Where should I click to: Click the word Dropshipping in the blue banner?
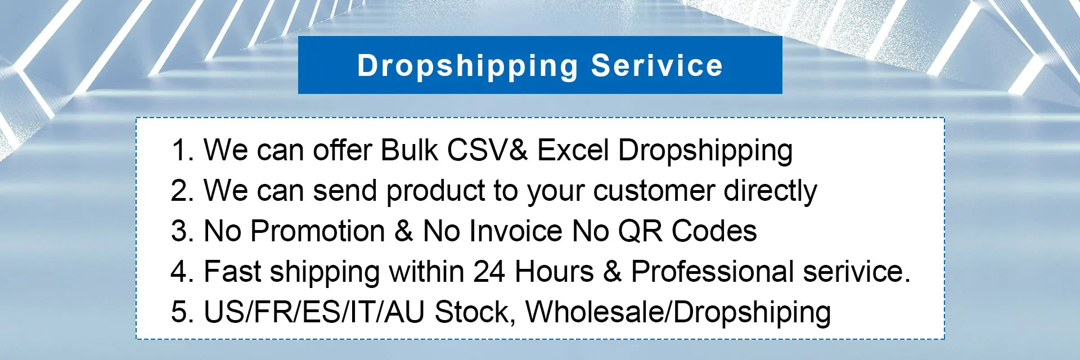(467, 66)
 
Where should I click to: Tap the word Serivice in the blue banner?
(656, 65)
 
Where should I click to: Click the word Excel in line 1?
(573, 150)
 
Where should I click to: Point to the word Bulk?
(409, 150)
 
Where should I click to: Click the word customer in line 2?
(654, 191)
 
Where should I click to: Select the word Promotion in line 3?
(318, 231)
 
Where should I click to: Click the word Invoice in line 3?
(516, 231)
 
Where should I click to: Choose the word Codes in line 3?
(714, 231)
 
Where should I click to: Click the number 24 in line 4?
(489, 272)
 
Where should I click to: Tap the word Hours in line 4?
(554, 272)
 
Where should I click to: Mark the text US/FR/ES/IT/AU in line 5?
(314, 312)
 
